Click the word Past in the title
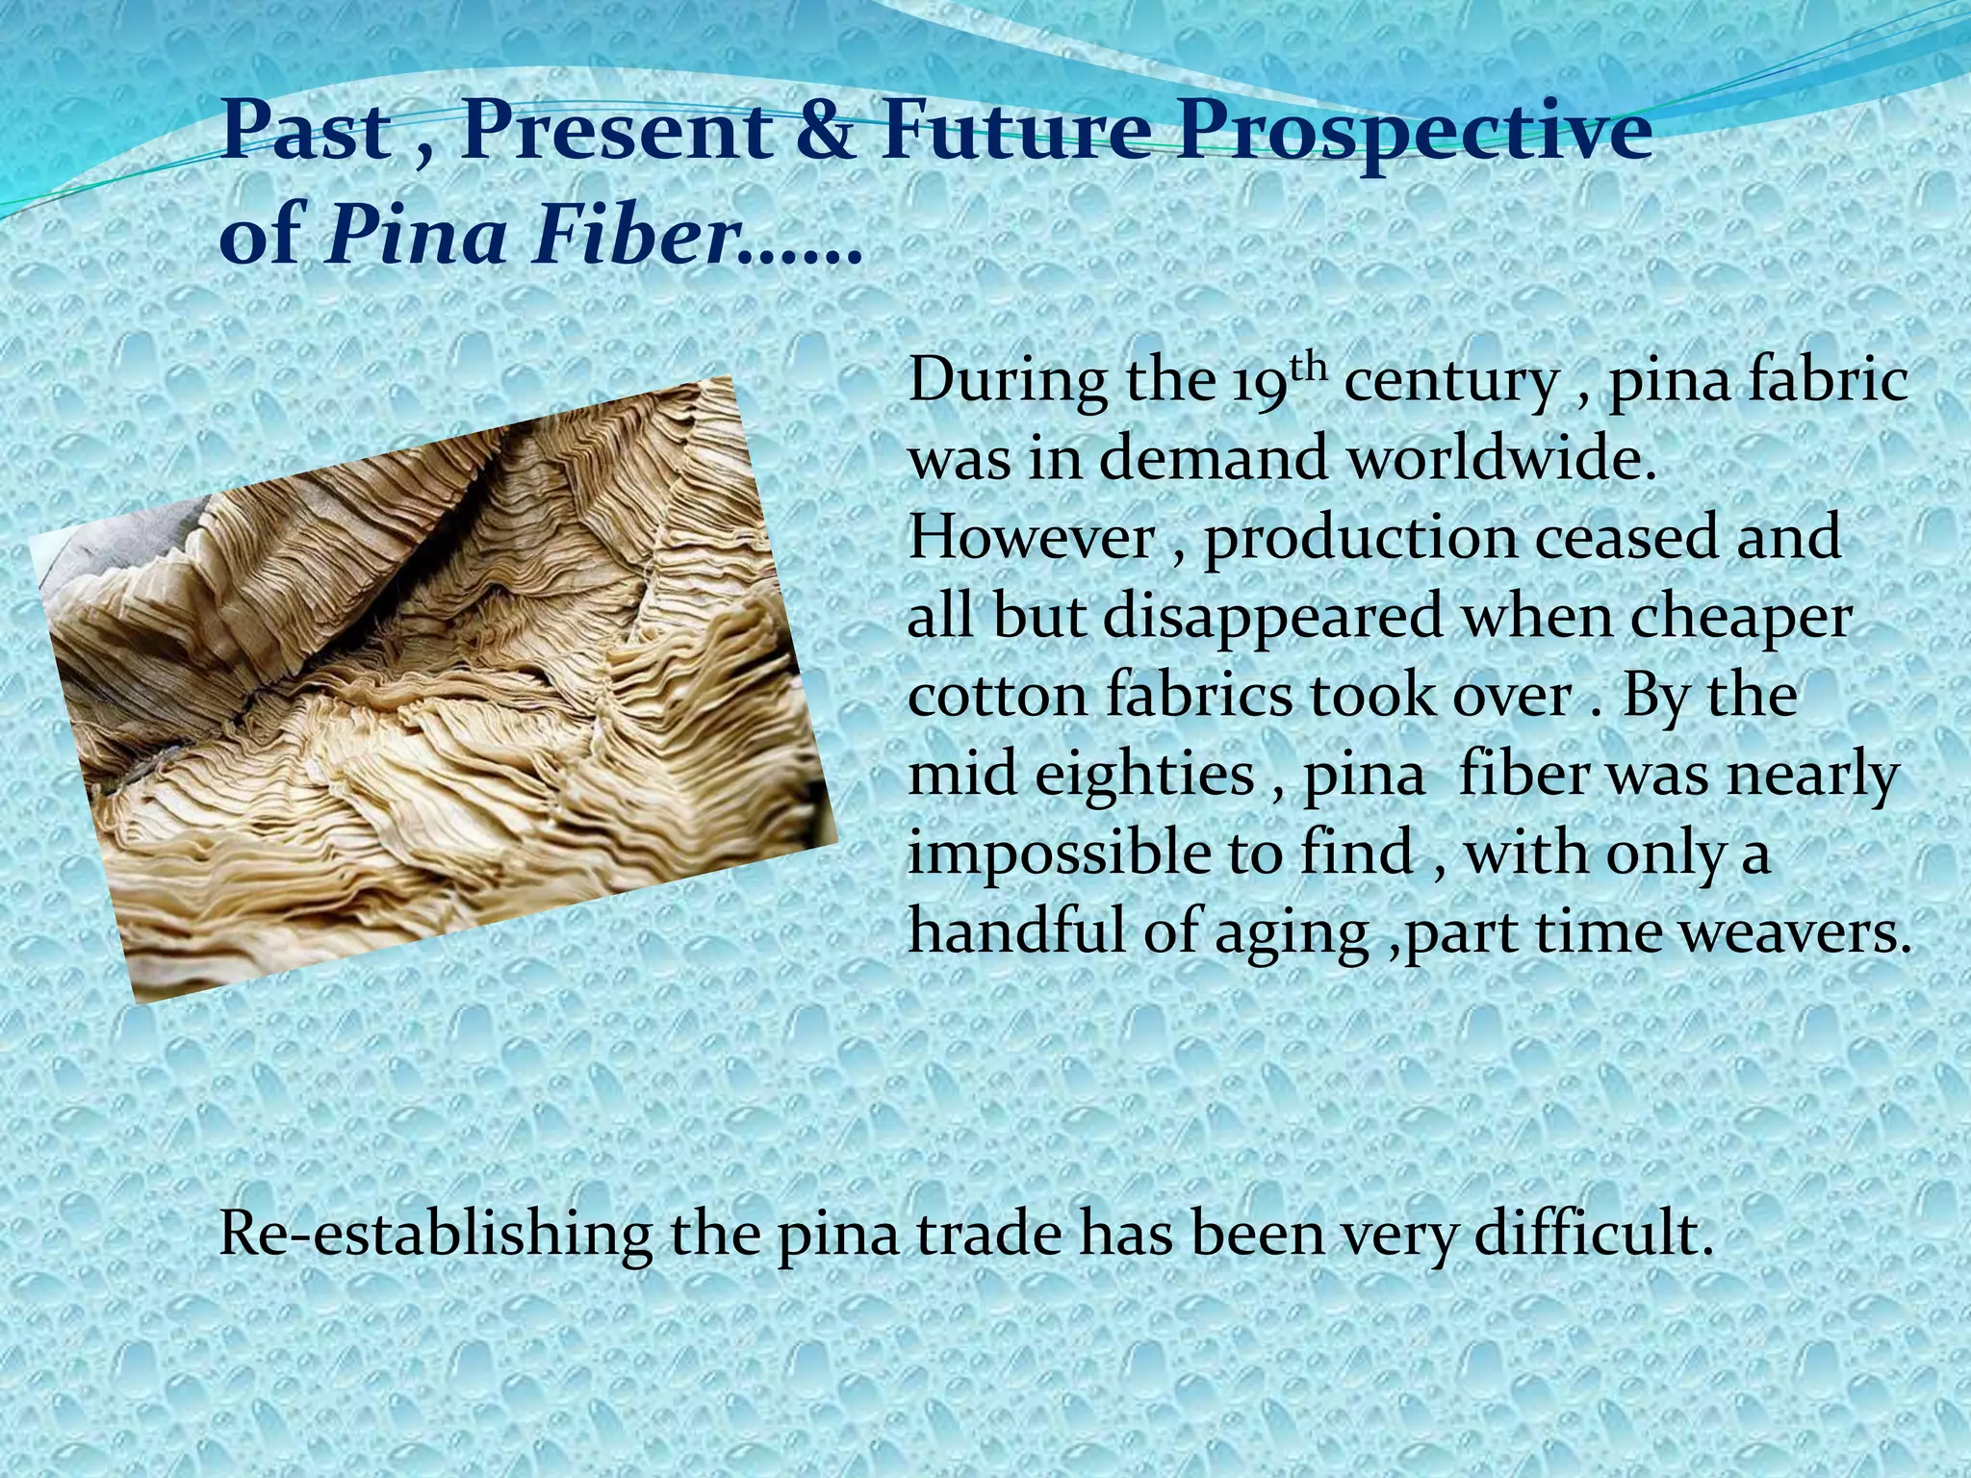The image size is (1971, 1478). click(x=303, y=135)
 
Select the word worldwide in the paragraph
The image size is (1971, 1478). click(x=1502, y=459)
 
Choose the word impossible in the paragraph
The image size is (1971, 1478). click(x=1062, y=854)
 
